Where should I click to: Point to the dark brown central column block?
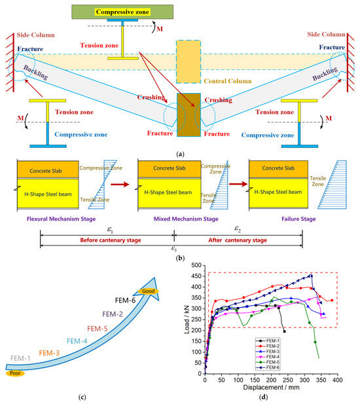coord(189,114)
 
